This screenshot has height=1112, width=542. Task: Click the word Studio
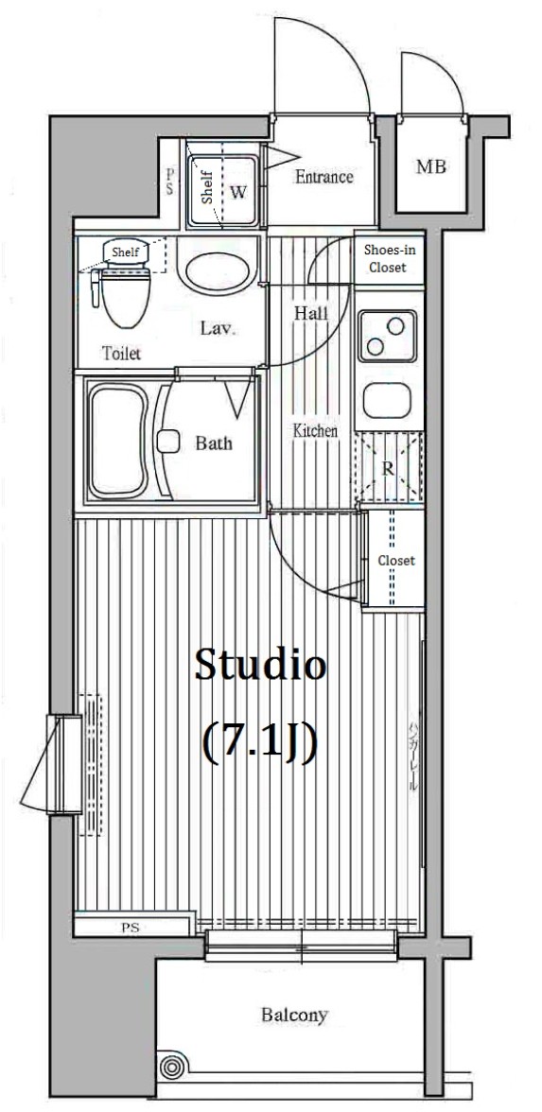click(260, 666)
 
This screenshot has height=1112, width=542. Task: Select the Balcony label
click(294, 1016)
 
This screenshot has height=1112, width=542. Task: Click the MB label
click(431, 167)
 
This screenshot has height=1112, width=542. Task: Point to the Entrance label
click(323, 177)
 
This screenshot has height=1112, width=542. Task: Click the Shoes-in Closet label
click(388, 258)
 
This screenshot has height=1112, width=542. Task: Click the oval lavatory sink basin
click(216, 271)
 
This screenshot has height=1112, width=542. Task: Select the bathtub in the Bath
click(118, 440)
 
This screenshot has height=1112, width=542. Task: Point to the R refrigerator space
click(388, 467)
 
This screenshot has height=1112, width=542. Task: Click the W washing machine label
click(238, 192)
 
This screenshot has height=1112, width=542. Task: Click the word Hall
click(310, 313)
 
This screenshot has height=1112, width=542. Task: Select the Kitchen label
click(315, 430)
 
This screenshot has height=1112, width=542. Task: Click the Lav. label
click(218, 329)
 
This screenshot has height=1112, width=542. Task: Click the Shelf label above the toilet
click(125, 252)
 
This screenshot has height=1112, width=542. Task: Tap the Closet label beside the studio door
click(396, 561)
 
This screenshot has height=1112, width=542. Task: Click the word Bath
click(214, 443)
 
